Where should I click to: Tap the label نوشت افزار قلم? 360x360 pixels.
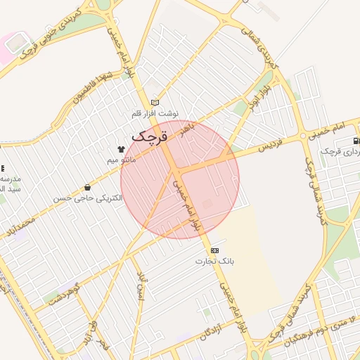coord(155,112)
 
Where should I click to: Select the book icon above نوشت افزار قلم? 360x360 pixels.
coord(155,103)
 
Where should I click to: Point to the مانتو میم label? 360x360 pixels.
coord(121,160)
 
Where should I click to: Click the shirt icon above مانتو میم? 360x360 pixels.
coord(121,149)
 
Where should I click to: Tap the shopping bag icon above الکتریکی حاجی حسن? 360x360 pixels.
coord(87,188)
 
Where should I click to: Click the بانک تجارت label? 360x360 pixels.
coord(214,261)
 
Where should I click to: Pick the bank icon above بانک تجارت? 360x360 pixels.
coord(214,250)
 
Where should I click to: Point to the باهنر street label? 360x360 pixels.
coord(186,128)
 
